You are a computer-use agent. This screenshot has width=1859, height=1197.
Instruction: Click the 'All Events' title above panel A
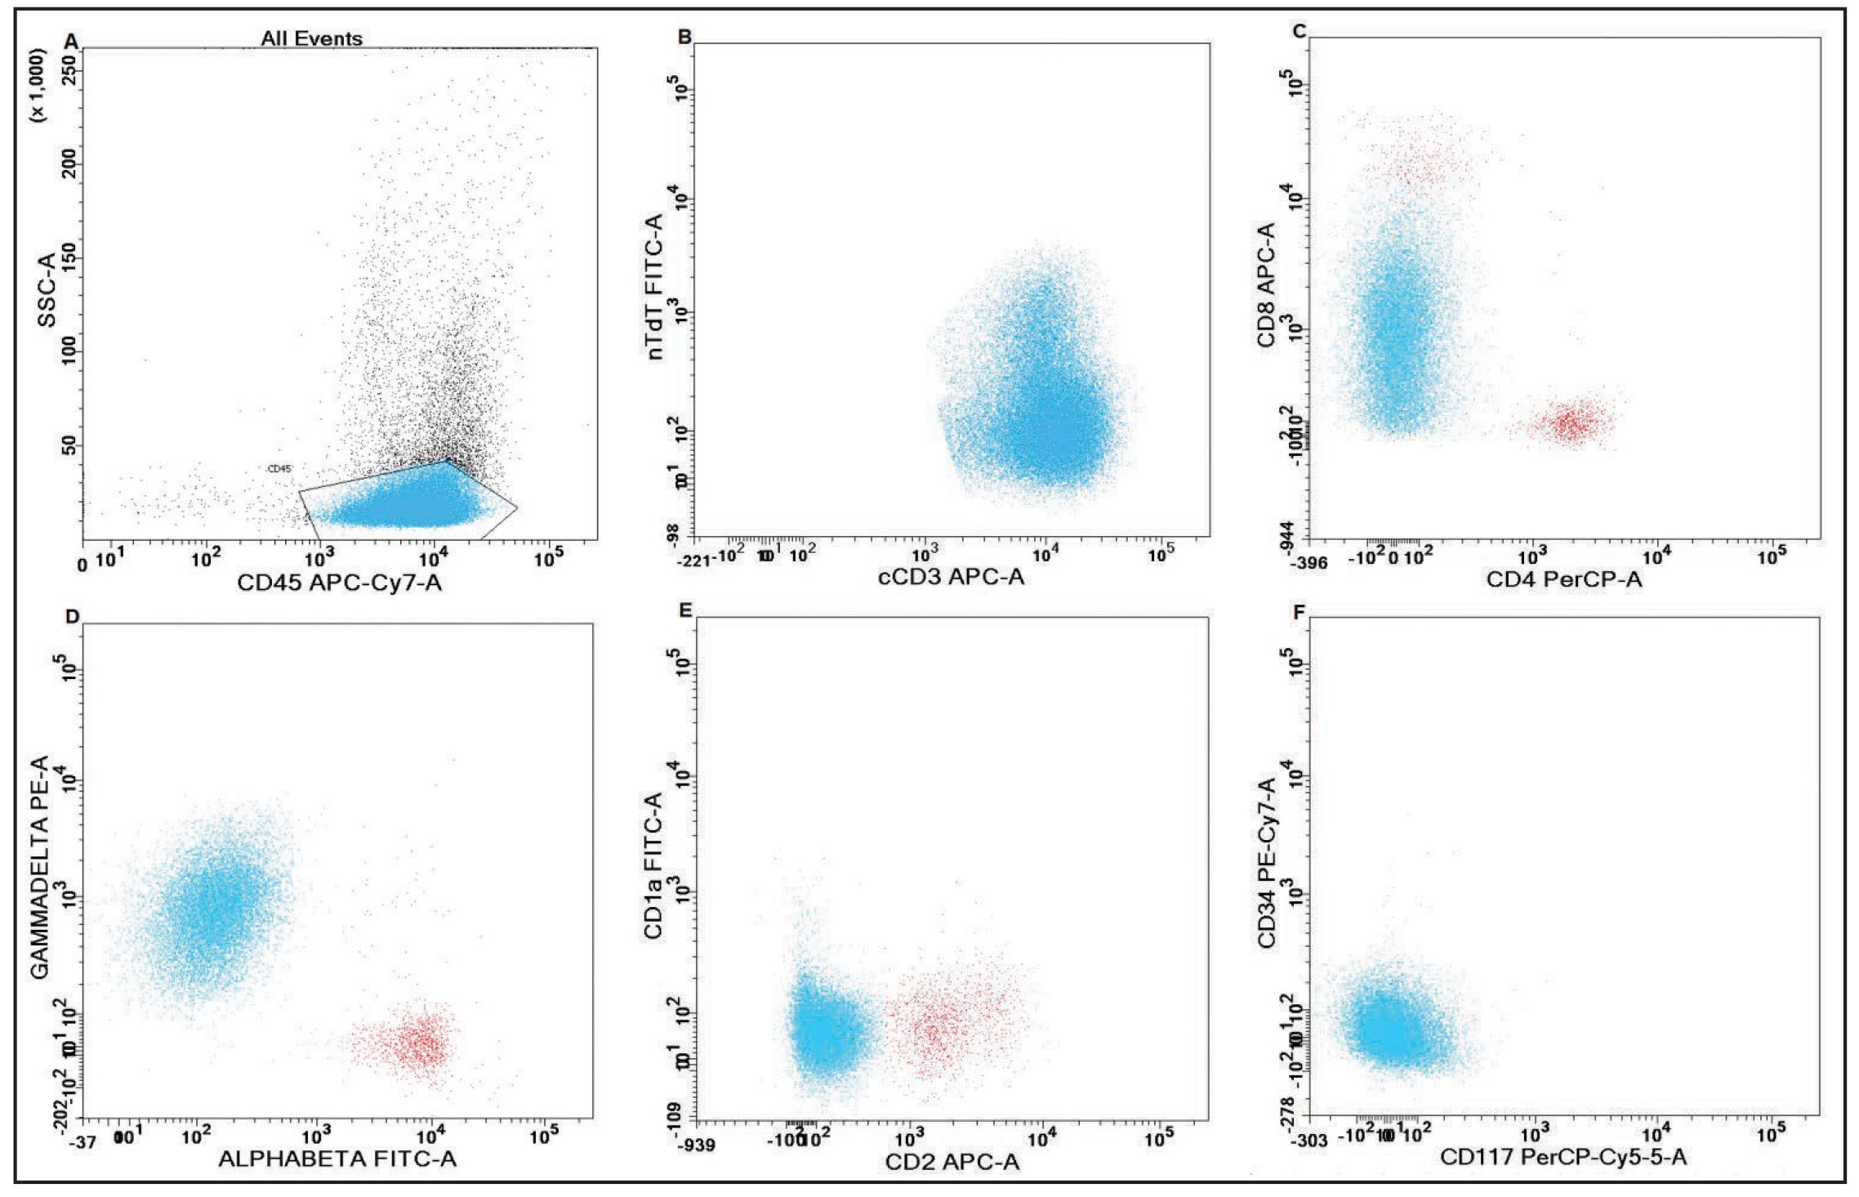coord(311,38)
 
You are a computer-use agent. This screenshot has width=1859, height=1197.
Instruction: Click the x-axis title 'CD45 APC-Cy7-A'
coord(339,583)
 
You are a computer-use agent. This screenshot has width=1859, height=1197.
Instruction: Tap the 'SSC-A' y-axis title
coord(47,290)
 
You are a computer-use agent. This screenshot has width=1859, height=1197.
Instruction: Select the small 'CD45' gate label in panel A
coord(279,469)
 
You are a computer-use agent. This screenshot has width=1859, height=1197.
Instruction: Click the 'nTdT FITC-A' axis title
coord(655,286)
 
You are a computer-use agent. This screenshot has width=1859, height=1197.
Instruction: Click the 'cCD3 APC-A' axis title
coord(951,578)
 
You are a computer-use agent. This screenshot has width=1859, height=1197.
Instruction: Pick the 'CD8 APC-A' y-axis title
coord(1266,285)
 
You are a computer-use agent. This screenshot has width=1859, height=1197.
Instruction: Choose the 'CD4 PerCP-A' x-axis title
coord(1563,579)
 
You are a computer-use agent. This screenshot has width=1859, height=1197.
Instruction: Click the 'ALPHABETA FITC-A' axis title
coord(337,1159)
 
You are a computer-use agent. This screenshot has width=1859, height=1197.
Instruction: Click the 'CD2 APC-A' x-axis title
coord(952,1162)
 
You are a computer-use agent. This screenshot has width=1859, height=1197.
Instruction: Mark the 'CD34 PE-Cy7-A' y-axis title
coord(1266,864)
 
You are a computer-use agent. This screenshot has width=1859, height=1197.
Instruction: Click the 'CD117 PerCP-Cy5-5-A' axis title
coord(1563,1156)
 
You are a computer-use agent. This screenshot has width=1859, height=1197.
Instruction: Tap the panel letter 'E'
coord(685,610)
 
